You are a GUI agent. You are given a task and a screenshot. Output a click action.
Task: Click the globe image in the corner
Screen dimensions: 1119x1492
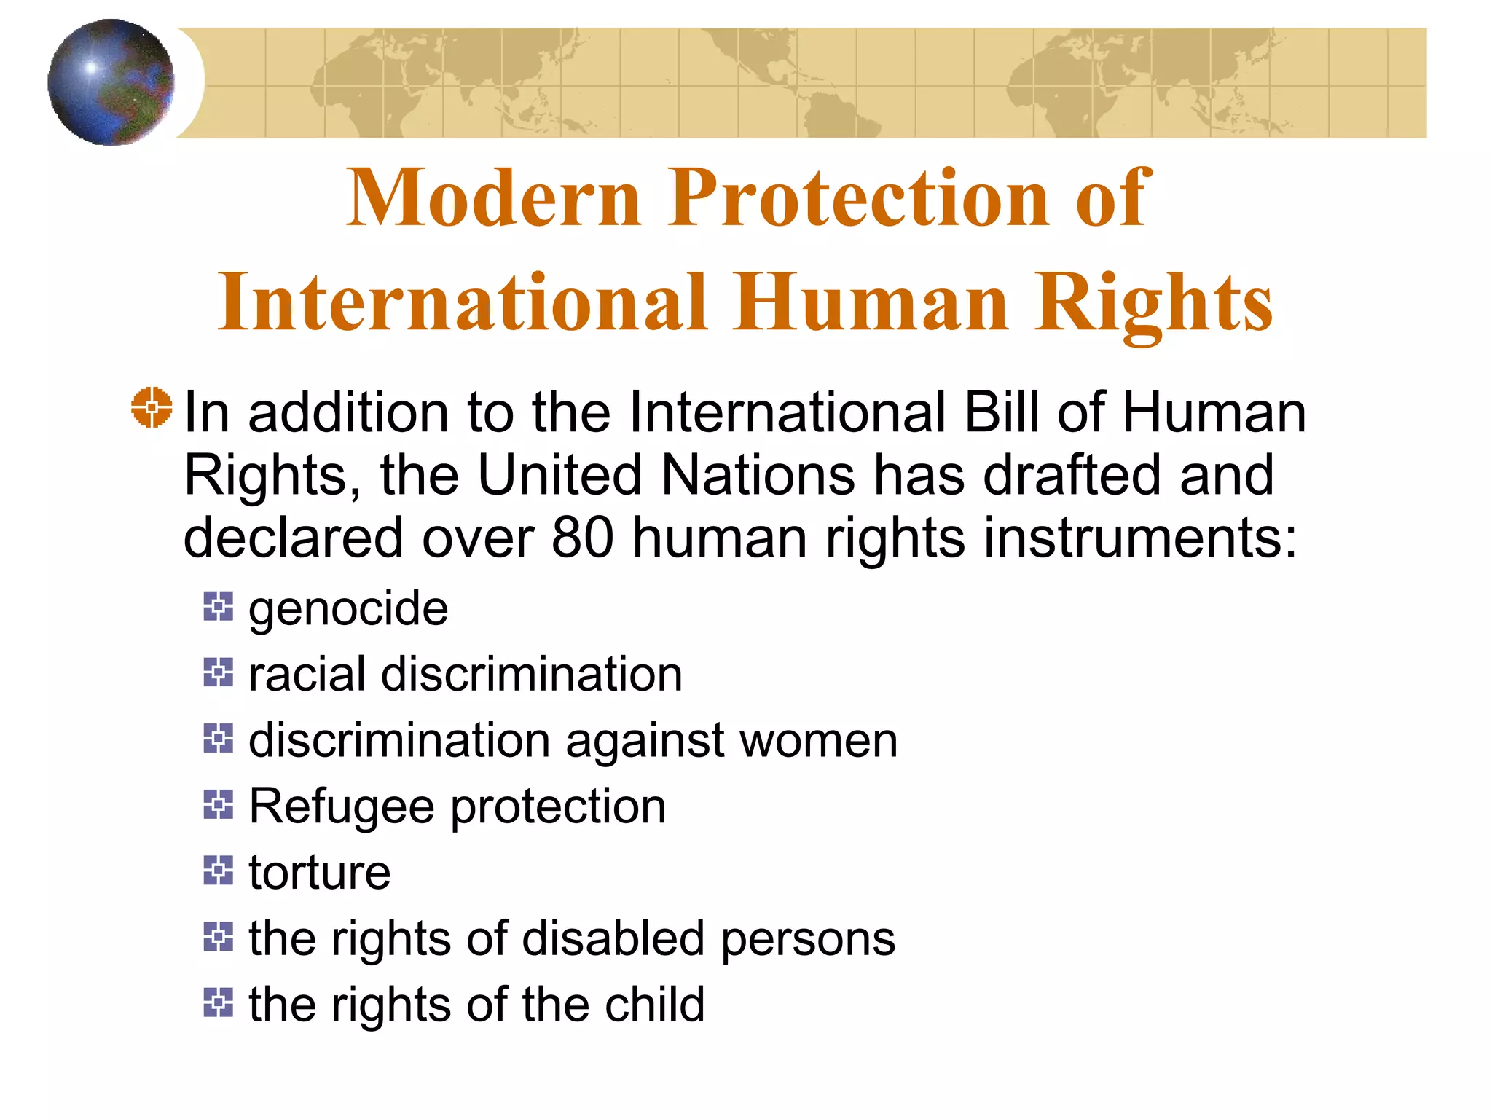[x=111, y=82]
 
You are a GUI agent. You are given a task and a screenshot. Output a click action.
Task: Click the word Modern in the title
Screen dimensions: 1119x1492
[x=493, y=197]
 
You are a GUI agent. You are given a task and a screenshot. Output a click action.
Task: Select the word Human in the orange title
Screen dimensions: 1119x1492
[x=871, y=302]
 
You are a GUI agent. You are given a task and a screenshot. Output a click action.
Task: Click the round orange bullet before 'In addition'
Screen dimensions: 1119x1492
[x=152, y=407]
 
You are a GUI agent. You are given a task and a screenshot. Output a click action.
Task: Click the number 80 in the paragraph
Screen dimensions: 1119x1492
[x=582, y=538]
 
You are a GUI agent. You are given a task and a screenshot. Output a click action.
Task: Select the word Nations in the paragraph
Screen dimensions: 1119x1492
[x=758, y=475]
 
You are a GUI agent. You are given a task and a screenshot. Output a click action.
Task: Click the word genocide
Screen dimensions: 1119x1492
[x=348, y=608]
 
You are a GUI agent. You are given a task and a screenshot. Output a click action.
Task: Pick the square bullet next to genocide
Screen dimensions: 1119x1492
[x=218, y=606]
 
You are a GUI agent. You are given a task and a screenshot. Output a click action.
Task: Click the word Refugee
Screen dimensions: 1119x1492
[x=342, y=807]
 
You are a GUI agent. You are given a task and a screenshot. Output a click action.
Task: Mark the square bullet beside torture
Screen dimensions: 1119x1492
[x=218, y=871]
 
